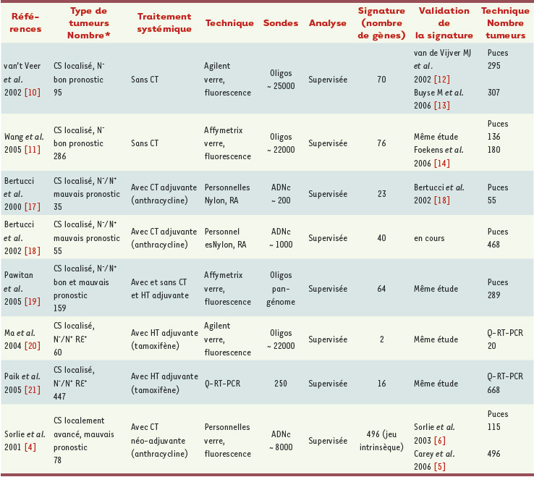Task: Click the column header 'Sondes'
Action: [281, 23]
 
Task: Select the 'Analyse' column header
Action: [327, 23]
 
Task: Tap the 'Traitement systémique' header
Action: [164, 23]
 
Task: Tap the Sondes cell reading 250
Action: [281, 382]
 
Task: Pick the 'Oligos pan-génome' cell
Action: [281, 289]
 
